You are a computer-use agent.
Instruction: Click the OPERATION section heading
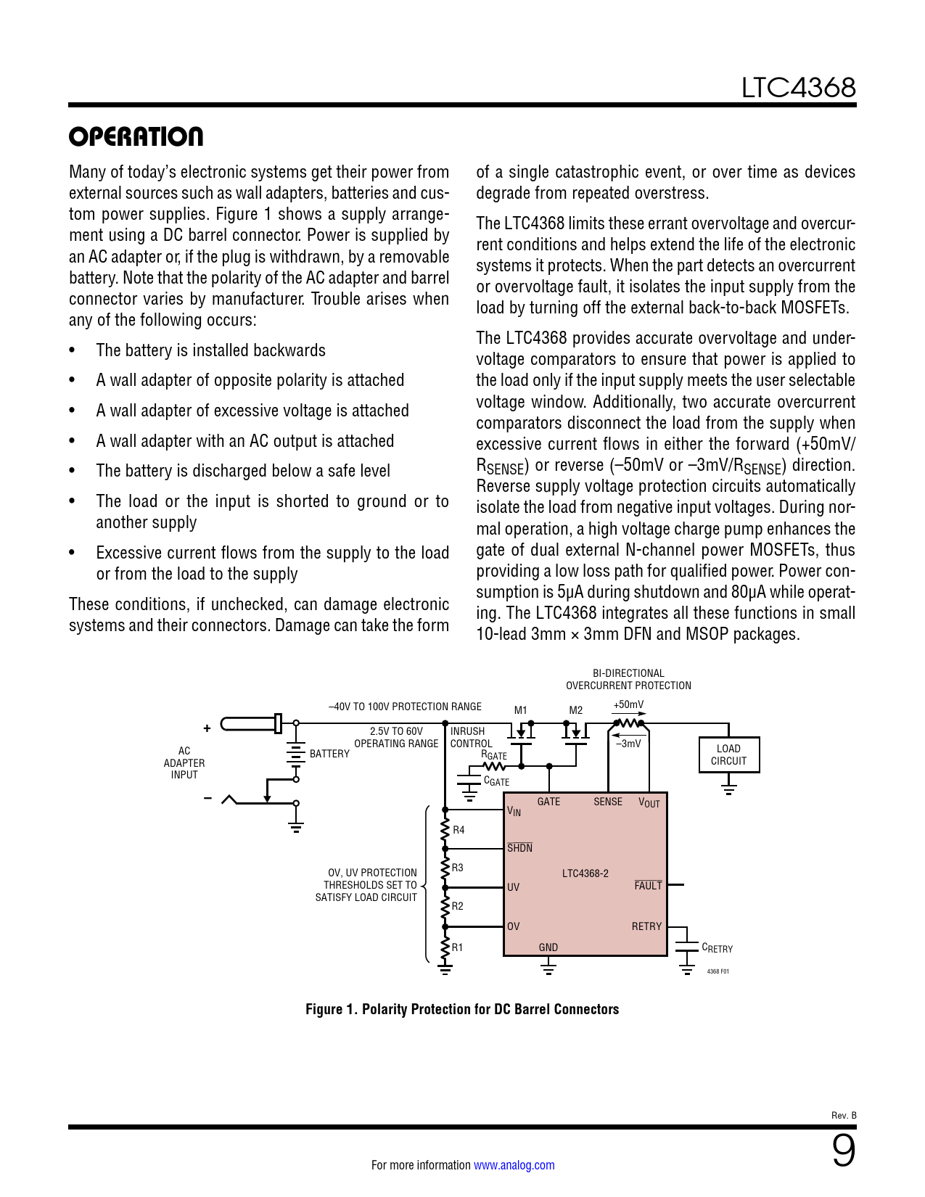tap(136, 136)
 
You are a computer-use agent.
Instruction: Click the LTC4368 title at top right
tap(797, 88)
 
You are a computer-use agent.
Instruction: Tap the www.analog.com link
tap(514, 1165)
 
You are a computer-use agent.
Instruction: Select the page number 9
tap(842, 1151)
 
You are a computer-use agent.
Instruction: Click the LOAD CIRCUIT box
tap(728, 755)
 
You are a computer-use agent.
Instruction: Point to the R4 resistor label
tap(459, 830)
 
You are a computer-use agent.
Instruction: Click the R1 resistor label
tap(458, 947)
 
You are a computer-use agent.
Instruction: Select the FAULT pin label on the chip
tap(648, 886)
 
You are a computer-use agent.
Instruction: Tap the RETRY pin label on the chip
tap(646, 926)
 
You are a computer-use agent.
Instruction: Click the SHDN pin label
tap(519, 848)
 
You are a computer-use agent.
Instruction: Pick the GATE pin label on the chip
tap(548, 802)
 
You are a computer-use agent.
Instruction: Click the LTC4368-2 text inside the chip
tap(585, 873)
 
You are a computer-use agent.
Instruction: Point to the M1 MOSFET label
tap(520, 710)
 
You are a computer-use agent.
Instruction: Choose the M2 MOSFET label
tap(575, 710)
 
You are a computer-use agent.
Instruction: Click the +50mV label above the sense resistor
tap(628, 704)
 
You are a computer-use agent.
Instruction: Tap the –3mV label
tap(628, 744)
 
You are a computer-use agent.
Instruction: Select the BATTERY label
tap(329, 754)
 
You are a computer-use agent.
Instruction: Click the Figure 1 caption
tap(462, 1009)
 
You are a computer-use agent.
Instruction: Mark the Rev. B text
tap(844, 1116)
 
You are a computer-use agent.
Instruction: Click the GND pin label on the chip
tap(548, 947)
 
